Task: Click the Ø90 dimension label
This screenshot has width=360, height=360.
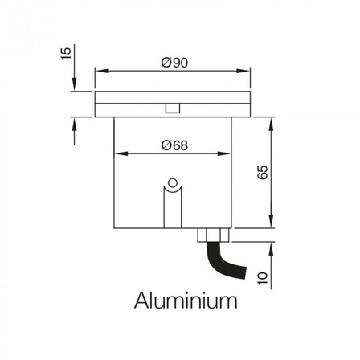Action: coord(174,63)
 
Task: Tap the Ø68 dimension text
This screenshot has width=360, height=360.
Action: coord(174,145)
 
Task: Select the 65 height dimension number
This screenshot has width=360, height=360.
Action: coord(262,172)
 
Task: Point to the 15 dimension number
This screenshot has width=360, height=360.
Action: coord(66,54)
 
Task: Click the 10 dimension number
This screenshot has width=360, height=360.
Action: coord(263,279)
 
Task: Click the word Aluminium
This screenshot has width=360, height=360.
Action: coord(186,301)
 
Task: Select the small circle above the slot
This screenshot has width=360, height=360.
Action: coord(173,183)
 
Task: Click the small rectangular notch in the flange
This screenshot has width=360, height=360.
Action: coord(173,108)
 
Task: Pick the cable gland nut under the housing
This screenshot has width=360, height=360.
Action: coord(214,235)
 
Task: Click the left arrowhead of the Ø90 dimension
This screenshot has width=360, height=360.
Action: coord(102,71)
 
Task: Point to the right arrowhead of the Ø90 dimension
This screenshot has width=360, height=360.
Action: coord(243,71)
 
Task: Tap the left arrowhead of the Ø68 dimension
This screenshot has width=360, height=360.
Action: coord(121,153)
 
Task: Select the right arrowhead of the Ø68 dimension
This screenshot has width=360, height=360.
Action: coord(224,153)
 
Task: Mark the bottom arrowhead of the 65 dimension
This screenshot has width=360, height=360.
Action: coord(272,221)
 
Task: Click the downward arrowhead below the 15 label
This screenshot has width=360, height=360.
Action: coord(74,84)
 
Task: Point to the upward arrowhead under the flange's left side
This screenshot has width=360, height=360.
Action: coord(74,124)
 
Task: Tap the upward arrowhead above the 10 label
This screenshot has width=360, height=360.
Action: coord(272,249)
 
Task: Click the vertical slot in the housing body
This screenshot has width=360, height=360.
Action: coord(173,207)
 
